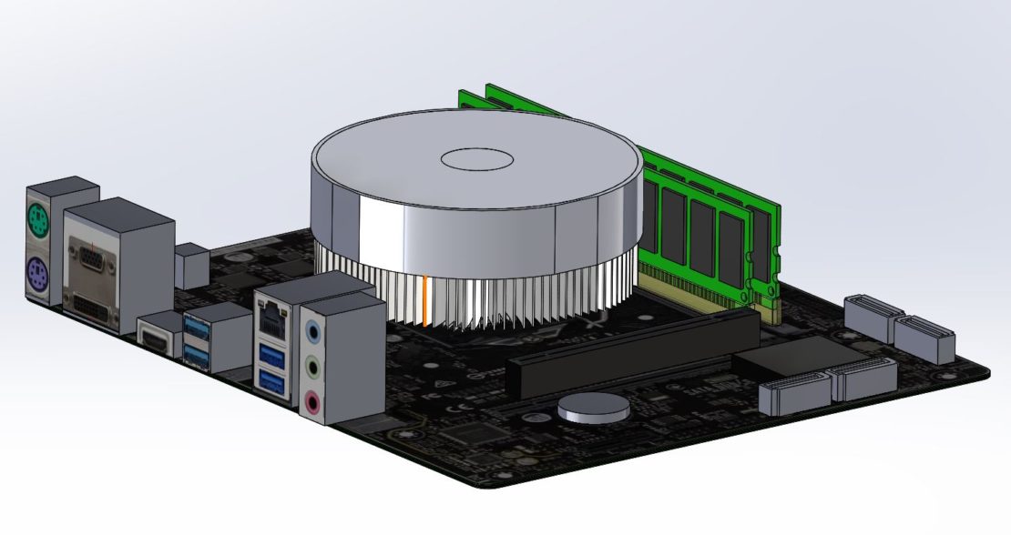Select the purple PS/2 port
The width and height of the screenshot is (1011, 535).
[37, 271]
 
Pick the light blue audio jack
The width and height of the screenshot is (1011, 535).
[312, 331]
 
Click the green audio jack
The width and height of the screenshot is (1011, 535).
[312, 368]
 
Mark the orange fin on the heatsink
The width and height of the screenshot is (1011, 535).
[424, 298]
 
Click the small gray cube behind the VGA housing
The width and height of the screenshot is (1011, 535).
[191, 266]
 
